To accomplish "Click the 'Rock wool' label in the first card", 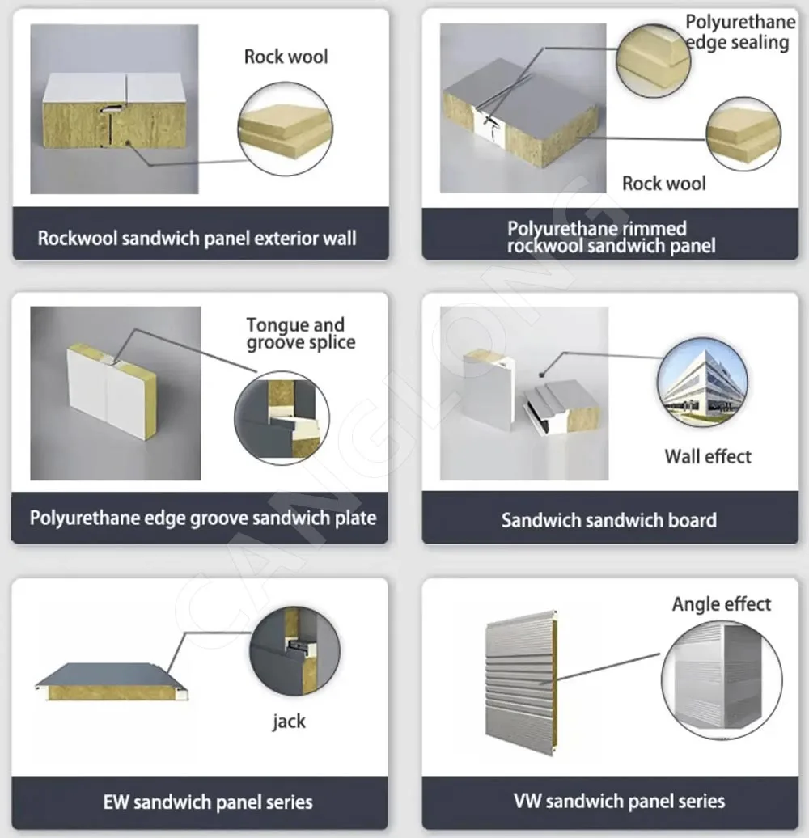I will click(x=286, y=57).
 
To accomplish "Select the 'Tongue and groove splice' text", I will click(x=300, y=333).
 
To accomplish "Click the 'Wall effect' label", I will click(x=708, y=456).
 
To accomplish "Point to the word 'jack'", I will click(x=289, y=721).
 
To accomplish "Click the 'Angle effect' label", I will click(x=722, y=604).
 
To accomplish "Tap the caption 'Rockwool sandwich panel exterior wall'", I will click(x=197, y=239).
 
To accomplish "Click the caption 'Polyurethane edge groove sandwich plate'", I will click(x=203, y=518).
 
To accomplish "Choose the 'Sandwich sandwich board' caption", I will click(x=609, y=520).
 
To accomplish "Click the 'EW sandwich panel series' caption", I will click(x=208, y=802).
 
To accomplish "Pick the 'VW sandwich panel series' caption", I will click(x=620, y=802).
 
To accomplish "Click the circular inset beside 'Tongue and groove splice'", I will click(x=282, y=417).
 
